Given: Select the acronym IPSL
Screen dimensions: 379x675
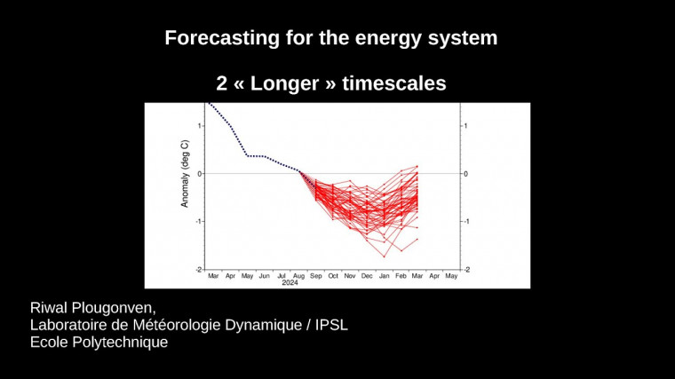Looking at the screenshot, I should pos(333,325).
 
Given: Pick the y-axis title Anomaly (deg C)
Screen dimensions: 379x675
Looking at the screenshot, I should pos(185,173).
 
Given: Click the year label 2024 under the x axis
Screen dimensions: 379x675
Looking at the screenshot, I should pos(290,283).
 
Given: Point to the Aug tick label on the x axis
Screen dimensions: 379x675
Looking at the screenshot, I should pos(298,276).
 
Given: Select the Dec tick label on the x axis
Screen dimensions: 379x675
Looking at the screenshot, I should pos(367,276).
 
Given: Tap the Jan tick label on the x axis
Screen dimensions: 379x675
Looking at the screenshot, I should pos(384,276).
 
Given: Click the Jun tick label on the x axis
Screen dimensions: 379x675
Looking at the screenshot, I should pos(264,276).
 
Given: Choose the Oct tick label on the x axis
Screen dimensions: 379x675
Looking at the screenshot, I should pos(333,276).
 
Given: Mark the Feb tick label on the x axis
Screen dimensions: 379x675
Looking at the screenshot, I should pos(401,276).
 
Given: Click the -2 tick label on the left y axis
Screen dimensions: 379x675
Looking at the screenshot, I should pos(198,269).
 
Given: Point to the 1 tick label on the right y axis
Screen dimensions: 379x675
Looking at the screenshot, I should pos(465,125).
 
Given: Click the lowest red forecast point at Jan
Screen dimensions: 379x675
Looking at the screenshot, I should pos(385,257).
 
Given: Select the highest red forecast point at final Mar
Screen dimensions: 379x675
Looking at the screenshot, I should pos(417,166).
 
